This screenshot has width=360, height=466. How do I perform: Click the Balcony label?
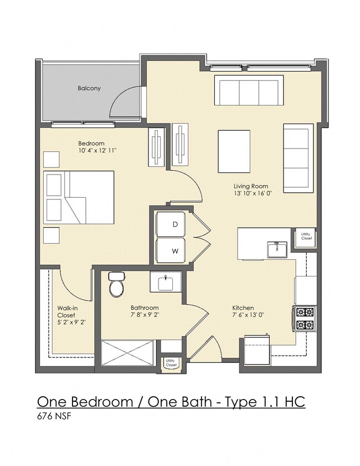tap(89, 88)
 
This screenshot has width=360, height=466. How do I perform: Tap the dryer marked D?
tap(171, 224)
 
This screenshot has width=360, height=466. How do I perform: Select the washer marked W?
tap(171, 250)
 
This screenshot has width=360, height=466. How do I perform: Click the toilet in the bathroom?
tap(117, 284)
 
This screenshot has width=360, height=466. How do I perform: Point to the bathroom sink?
tap(166, 281)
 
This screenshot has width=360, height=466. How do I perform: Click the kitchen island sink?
tap(277, 250)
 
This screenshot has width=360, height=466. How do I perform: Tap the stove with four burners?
tap(305, 318)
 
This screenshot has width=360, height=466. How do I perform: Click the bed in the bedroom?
tap(79, 197)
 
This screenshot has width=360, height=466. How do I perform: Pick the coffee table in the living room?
tap(234, 151)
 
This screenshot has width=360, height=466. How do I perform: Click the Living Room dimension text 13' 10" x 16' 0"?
tap(253, 193)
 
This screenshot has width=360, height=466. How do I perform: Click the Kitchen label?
tap(243, 308)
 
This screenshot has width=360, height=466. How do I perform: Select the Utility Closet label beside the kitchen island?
tap(306, 236)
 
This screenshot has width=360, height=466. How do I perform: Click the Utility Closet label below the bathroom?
tap(171, 362)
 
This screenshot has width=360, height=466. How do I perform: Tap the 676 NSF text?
tap(54, 416)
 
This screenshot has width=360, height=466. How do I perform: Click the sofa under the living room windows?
tap(249, 90)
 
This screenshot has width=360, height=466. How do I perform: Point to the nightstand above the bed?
tap(52, 159)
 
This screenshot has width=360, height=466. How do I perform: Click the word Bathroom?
tap(145, 308)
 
